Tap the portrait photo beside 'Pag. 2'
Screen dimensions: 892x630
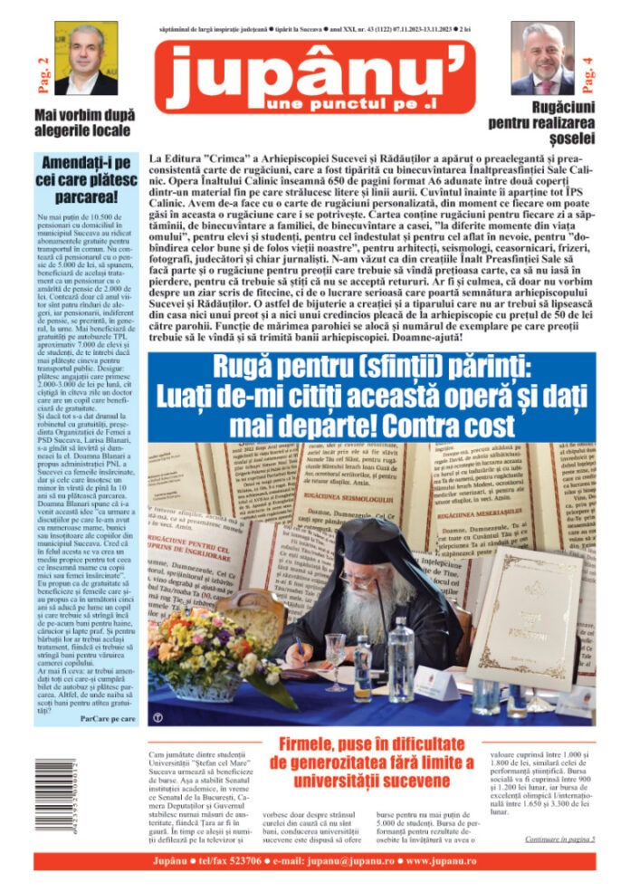tap(86, 59)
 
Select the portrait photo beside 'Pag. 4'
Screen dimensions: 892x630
tap(543, 59)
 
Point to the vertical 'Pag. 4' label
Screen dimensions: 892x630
tap(589, 75)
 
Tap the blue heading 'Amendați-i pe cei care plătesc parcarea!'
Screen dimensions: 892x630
tap(83, 180)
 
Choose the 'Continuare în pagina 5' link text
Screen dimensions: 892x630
tap(559, 839)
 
